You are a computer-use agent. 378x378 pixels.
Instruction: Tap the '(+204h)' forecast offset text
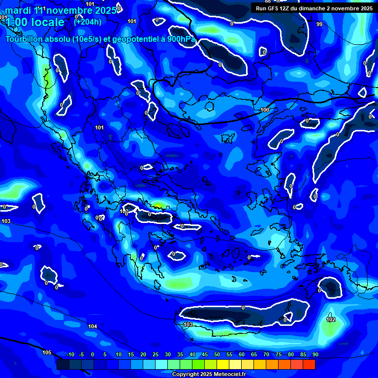coord(88,22)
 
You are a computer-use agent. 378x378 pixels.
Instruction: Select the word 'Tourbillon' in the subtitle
coord(25,39)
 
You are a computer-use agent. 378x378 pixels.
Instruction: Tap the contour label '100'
coord(265,110)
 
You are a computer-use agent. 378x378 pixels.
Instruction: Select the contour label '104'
coord(93,326)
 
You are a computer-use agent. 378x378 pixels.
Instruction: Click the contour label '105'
coord(47,352)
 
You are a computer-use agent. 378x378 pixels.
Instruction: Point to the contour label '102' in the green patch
coord(331,319)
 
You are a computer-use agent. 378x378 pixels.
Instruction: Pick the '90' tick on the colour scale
coord(315,355)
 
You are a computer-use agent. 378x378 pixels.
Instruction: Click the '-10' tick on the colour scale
coord(70,355)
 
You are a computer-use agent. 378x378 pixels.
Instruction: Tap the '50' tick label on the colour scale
coord(217,355)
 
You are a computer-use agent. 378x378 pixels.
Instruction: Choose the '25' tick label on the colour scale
coord(156,355)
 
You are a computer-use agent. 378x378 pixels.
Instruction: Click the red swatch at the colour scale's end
coord(309,365)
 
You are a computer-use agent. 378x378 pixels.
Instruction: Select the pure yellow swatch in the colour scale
coord(223,365)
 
